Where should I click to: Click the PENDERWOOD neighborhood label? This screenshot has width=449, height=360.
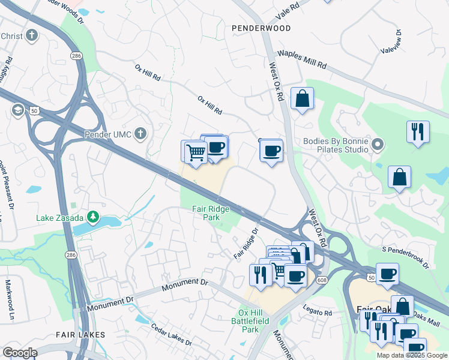coord(261,28)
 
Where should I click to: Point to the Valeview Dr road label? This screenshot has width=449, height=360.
coord(390,41)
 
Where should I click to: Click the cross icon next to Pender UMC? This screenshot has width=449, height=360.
coord(140,133)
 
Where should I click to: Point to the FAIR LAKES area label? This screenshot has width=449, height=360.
coord(80,334)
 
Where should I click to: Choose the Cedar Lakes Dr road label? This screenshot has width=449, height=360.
coord(171,335)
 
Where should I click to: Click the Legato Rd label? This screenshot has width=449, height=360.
coord(320,313)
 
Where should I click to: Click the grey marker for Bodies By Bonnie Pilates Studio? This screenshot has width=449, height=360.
coord(378,144)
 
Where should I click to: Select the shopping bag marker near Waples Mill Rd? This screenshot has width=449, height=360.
coord(302,98)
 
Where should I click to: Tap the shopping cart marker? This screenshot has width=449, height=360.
coord(196,152)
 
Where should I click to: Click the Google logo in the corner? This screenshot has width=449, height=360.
coord(20,353)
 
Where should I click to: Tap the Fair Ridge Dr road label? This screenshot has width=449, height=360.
coord(246,242)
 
